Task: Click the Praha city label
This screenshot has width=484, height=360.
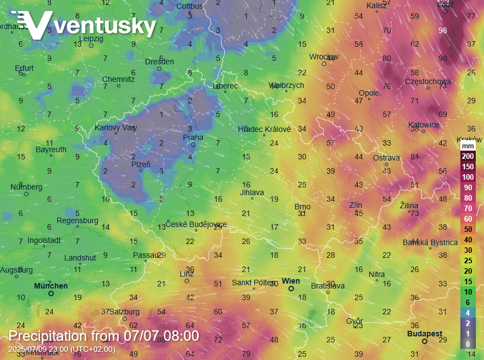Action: (x=193, y=137)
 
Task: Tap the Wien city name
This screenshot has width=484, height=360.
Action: (x=291, y=281)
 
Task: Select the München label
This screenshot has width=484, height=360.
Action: (x=51, y=286)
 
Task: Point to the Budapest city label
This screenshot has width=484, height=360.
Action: (x=425, y=334)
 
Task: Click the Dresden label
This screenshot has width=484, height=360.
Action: (x=159, y=62)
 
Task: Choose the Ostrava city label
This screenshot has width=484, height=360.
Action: (x=386, y=158)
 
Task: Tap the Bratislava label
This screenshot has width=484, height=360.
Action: (x=327, y=286)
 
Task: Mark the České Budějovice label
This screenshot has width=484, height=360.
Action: (x=196, y=224)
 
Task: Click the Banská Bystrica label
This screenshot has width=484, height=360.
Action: (x=430, y=242)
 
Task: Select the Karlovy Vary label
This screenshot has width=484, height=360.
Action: (x=115, y=127)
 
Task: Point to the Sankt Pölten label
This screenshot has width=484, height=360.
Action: (x=253, y=283)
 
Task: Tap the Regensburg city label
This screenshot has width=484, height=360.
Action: (x=77, y=220)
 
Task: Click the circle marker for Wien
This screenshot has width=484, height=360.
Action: (x=291, y=288)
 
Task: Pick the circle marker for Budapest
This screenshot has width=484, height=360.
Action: (x=425, y=341)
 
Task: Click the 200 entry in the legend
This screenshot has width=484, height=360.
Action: (x=468, y=156)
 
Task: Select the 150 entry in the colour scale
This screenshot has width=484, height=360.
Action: (x=468, y=167)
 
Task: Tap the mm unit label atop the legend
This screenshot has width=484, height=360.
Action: (x=468, y=146)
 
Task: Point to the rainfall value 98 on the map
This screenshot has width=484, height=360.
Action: (x=443, y=30)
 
